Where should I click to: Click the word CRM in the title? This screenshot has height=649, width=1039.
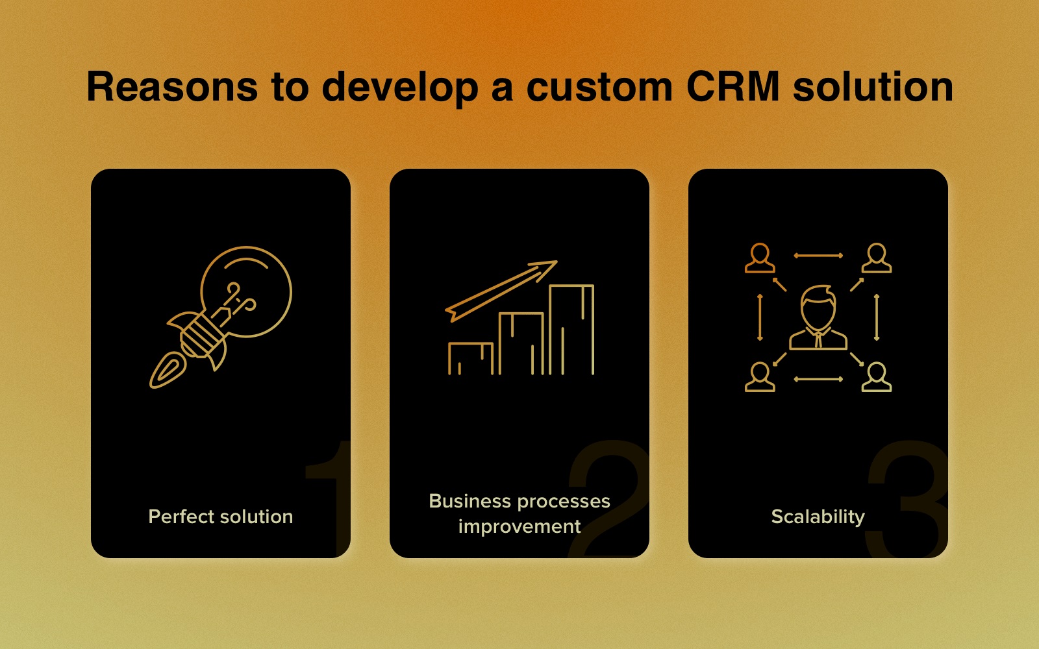(x=732, y=87)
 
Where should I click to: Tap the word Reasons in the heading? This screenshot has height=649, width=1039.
(x=171, y=87)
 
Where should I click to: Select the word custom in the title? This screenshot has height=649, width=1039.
(x=599, y=87)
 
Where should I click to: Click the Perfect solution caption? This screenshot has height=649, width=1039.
(x=221, y=517)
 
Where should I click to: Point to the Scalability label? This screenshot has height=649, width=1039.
(x=818, y=517)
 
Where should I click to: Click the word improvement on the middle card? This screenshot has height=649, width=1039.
(x=519, y=527)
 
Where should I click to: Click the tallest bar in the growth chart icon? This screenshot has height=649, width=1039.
(x=571, y=330)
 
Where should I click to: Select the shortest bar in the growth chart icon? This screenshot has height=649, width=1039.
(x=470, y=358)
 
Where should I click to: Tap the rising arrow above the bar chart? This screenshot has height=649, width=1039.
(x=501, y=291)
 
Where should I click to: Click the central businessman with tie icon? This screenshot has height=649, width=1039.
(x=818, y=317)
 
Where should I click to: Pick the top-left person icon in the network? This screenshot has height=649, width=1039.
(x=760, y=258)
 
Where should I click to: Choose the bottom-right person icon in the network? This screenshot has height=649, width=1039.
(x=877, y=377)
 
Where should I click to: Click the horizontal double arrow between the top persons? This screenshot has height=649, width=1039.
(x=818, y=256)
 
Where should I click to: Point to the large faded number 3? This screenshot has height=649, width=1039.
(x=907, y=499)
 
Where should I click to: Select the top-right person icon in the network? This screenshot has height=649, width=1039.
(x=877, y=258)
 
